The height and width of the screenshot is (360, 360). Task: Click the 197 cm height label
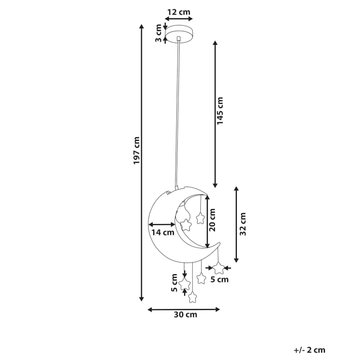pyautogui.click(x=137, y=151)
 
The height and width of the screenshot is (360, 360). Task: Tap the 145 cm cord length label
pyautogui.click(x=220, y=111)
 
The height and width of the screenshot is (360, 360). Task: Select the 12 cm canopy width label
pyautogui.click(x=179, y=12)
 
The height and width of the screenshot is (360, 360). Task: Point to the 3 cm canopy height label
pyautogui.click(x=158, y=33)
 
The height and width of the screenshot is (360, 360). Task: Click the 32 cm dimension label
pyautogui.click(x=243, y=224)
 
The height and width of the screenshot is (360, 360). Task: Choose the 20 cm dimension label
pyautogui.click(x=212, y=220)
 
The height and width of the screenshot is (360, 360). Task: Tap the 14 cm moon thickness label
pyautogui.click(x=163, y=232)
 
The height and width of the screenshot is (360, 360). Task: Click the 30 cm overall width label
pyautogui.click(x=185, y=314)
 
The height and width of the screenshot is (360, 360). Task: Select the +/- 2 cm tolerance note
pyautogui.click(x=310, y=350)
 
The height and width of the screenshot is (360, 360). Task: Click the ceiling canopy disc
pyautogui.click(x=179, y=34)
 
